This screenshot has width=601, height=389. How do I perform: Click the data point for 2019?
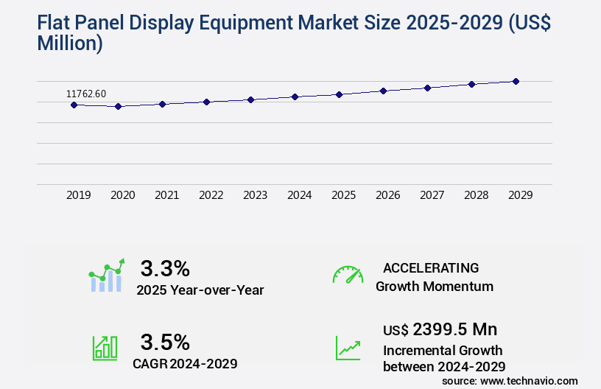(74, 105)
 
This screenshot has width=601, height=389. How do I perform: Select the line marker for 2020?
(118, 107)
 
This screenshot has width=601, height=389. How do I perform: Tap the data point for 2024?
(295, 97)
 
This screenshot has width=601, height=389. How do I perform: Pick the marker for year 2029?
(516, 81)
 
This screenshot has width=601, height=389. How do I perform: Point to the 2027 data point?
(427, 88)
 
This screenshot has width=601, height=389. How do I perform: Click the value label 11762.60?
(86, 94)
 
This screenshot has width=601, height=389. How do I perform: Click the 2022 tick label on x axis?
(211, 195)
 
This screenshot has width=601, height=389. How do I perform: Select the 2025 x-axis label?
(343, 195)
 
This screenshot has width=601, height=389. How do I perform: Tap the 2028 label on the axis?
(476, 195)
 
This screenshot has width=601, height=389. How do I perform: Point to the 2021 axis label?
(166, 195)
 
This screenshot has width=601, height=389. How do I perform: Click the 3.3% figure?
(165, 267)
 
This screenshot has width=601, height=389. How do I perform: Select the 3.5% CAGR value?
(165, 342)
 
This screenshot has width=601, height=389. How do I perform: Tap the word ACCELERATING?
(431, 267)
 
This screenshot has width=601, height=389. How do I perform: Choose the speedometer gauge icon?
(348, 275)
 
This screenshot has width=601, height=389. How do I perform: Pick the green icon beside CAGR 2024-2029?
(105, 348)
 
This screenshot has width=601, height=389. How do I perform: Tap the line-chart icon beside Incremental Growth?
(348, 348)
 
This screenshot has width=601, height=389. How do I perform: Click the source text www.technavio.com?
(529, 380)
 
